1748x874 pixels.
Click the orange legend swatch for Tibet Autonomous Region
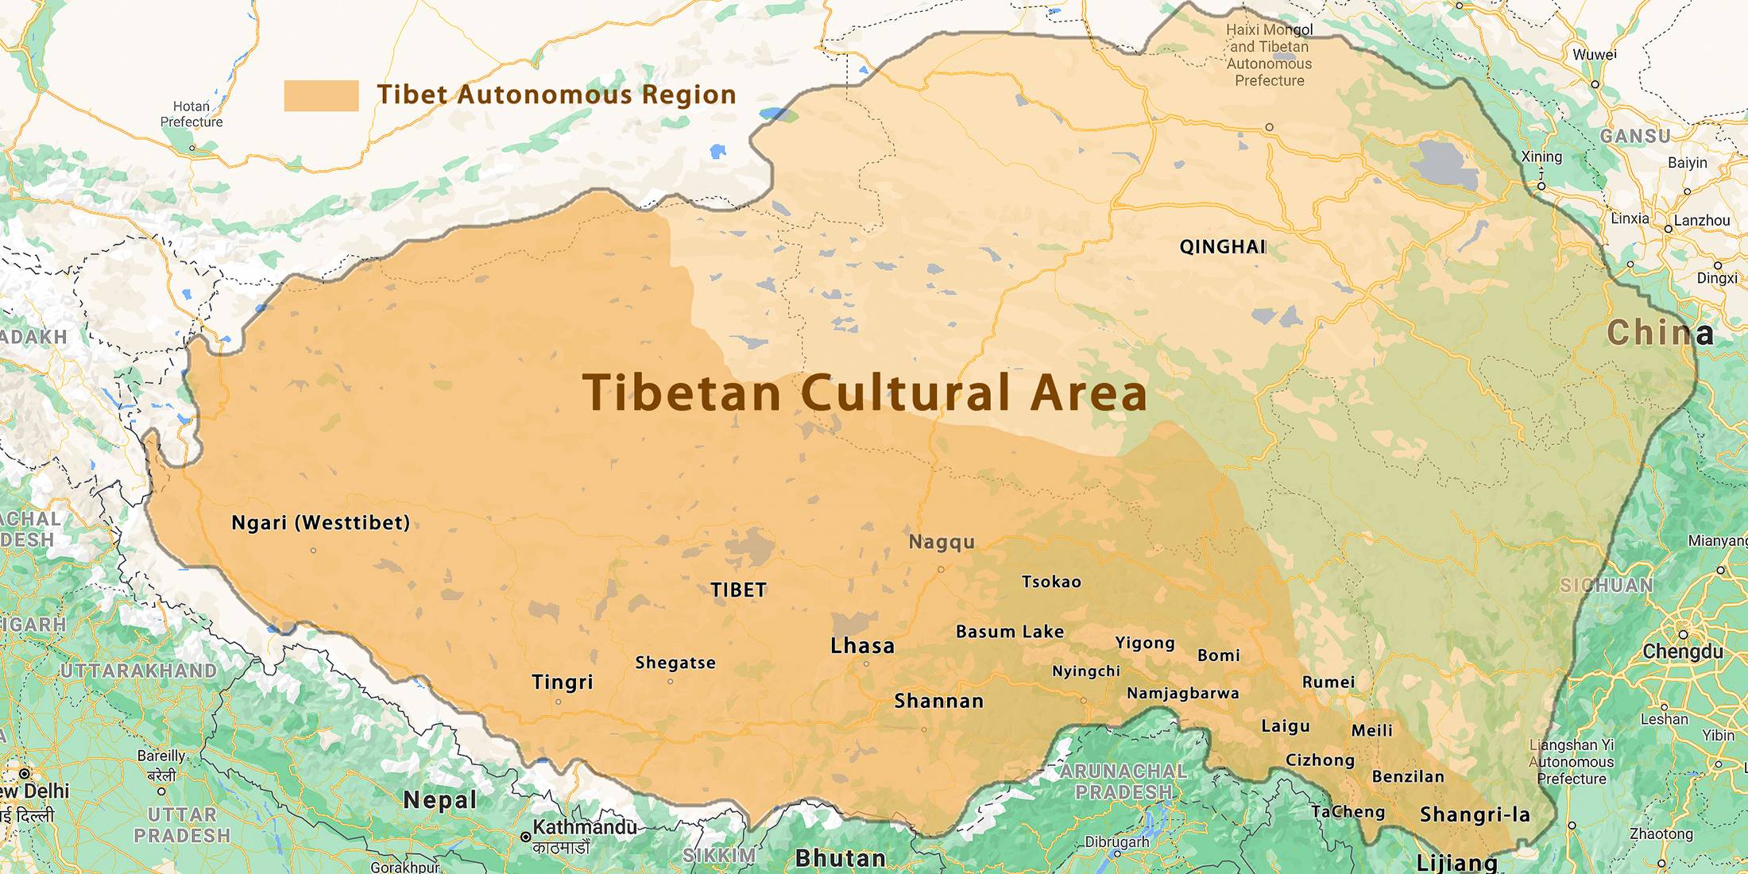click(321, 95)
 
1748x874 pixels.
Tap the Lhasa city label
click(862, 645)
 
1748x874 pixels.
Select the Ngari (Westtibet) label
click(320, 523)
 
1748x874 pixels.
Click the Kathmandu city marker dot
click(525, 837)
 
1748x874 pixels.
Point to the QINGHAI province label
click(1222, 246)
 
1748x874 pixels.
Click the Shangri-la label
click(1475, 814)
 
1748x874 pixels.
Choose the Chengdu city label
click(1683, 652)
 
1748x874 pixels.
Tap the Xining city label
click(1541, 157)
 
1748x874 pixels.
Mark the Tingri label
click(563, 682)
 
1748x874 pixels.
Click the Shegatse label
click(675, 663)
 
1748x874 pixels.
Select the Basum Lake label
click(1009, 632)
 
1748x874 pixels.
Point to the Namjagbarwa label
click(1182, 693)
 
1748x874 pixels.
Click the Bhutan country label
click(841, 858)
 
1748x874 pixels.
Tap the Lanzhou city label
click(1702, 220)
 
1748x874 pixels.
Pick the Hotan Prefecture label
click(191, 114)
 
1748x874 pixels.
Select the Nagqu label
click(942, 542)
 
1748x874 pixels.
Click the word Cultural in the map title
click(906, 393)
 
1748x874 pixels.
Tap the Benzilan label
click(1408, 776)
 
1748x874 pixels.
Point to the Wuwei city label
click(1595, 55)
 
